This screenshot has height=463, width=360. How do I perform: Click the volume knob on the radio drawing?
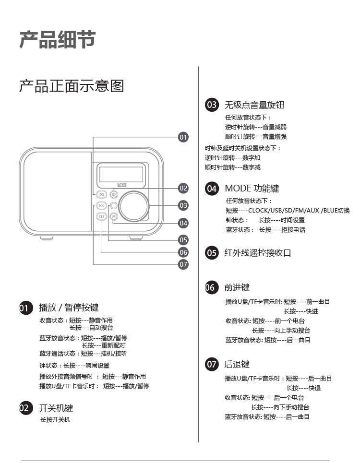point(135,205)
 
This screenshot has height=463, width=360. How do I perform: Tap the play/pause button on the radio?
point(102,194)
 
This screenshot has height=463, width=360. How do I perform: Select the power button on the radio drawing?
point(114,194)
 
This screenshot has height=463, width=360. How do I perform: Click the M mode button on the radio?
point(114,216)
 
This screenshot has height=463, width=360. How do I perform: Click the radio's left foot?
point(47,237)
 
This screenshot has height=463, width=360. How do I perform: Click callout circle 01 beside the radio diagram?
point(183,137)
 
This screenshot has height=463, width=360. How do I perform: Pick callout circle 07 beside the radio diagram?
point(183,264)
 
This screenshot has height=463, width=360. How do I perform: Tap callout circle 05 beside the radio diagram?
point(183,240)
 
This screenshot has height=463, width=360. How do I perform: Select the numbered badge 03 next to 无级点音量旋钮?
point(212,105)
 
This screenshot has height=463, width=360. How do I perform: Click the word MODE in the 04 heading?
point(238,189)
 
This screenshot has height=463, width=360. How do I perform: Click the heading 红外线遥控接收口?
point(258,253)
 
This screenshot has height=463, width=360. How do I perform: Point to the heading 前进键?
point(237,287)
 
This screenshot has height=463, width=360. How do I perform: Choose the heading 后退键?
point(237,365)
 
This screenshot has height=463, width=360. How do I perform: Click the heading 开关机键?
point(56,408)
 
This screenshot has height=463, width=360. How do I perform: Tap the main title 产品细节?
point(57,39)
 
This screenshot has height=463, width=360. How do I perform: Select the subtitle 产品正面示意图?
point(72,86)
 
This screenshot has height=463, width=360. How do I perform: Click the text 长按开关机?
point(55,420)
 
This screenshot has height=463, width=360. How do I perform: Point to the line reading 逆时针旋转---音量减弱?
point(256,127)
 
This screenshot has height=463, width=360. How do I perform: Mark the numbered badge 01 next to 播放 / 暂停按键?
point(25,308)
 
